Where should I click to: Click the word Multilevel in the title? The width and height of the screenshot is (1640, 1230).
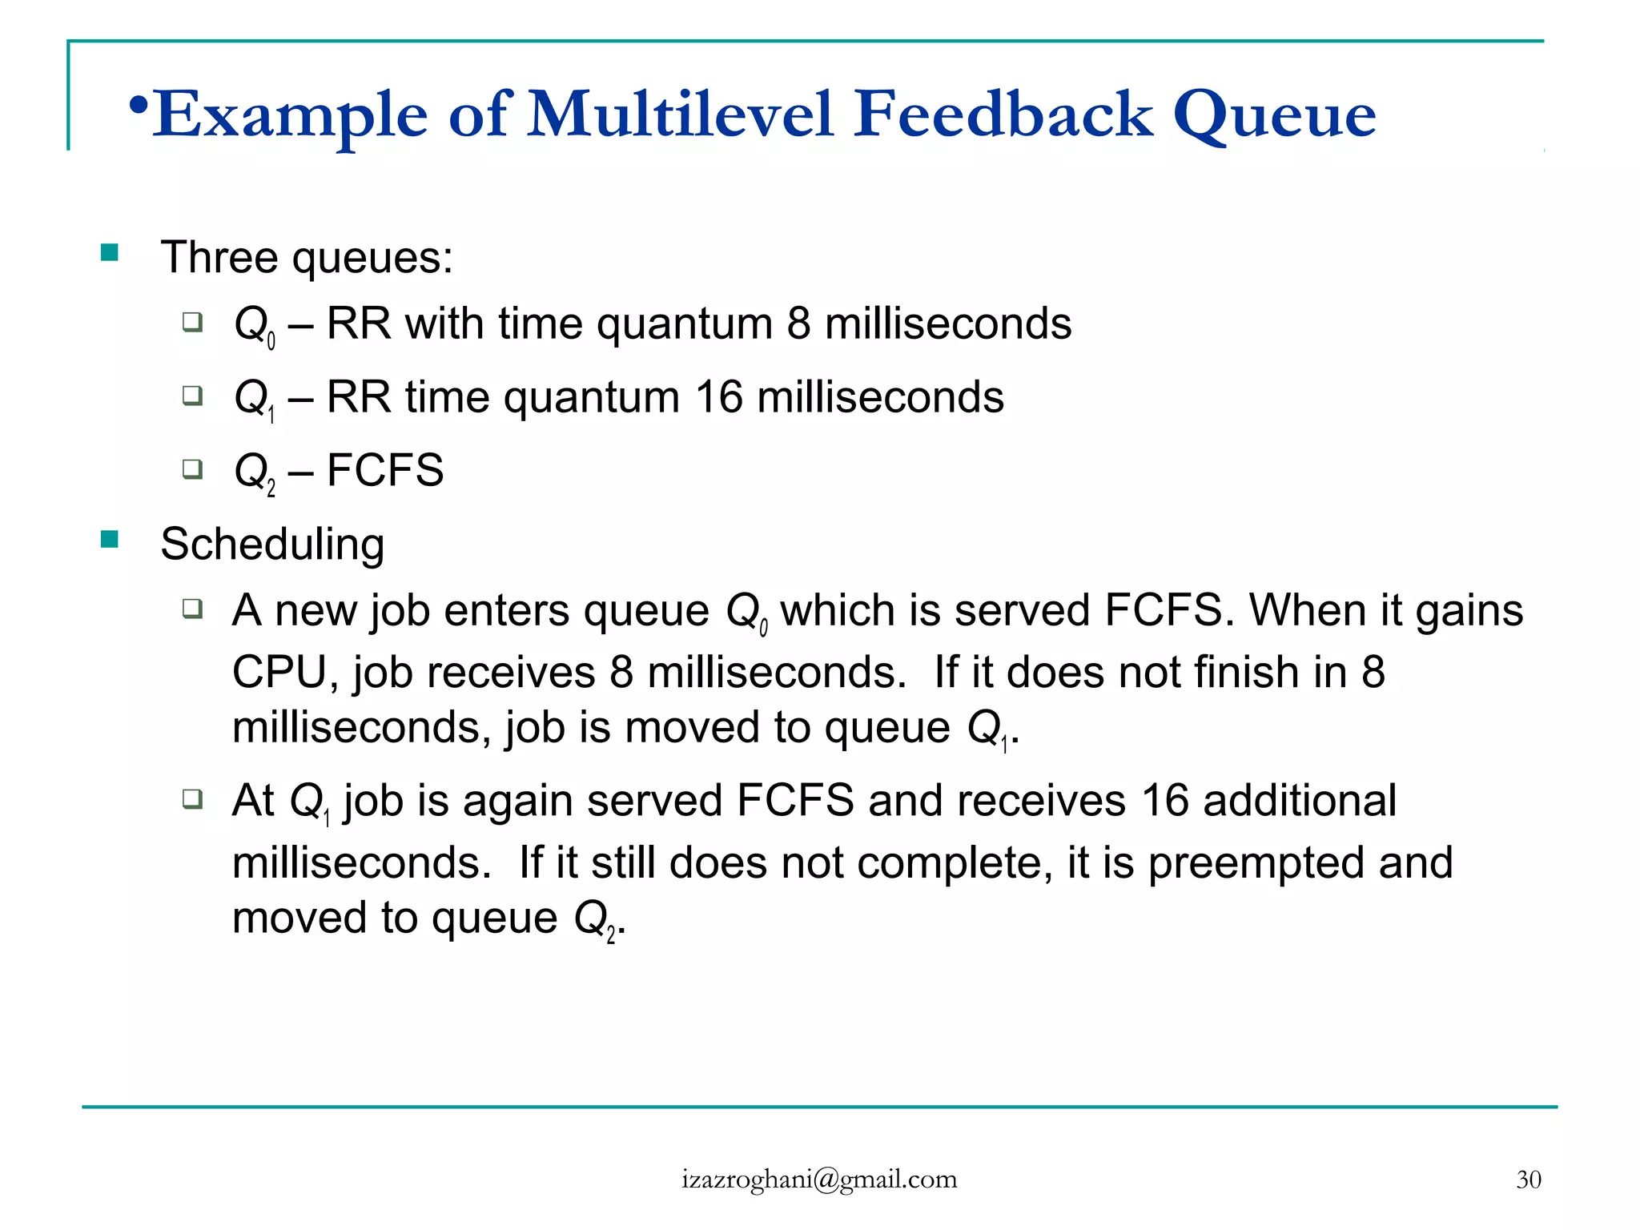(681, 115)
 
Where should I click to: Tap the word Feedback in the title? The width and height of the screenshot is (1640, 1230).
(1003, 115)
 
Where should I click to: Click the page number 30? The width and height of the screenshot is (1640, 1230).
(1528, 1180)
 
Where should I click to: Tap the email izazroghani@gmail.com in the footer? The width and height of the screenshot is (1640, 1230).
(819, 1180)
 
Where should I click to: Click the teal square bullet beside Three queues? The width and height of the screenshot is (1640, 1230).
(110, 254)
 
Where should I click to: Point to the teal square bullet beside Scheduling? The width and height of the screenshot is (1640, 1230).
(110, 540)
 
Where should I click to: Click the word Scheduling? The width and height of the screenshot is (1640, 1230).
(272, 545)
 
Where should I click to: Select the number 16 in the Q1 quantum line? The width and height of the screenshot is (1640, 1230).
(718, 397)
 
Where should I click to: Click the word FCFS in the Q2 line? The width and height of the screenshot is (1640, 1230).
(385, 470)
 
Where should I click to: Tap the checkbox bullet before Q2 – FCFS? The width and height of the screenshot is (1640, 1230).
(192, 468)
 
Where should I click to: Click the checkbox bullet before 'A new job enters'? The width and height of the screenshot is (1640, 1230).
(192, 609)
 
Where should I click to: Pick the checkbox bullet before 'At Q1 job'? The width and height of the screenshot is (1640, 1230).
(192, 798)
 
